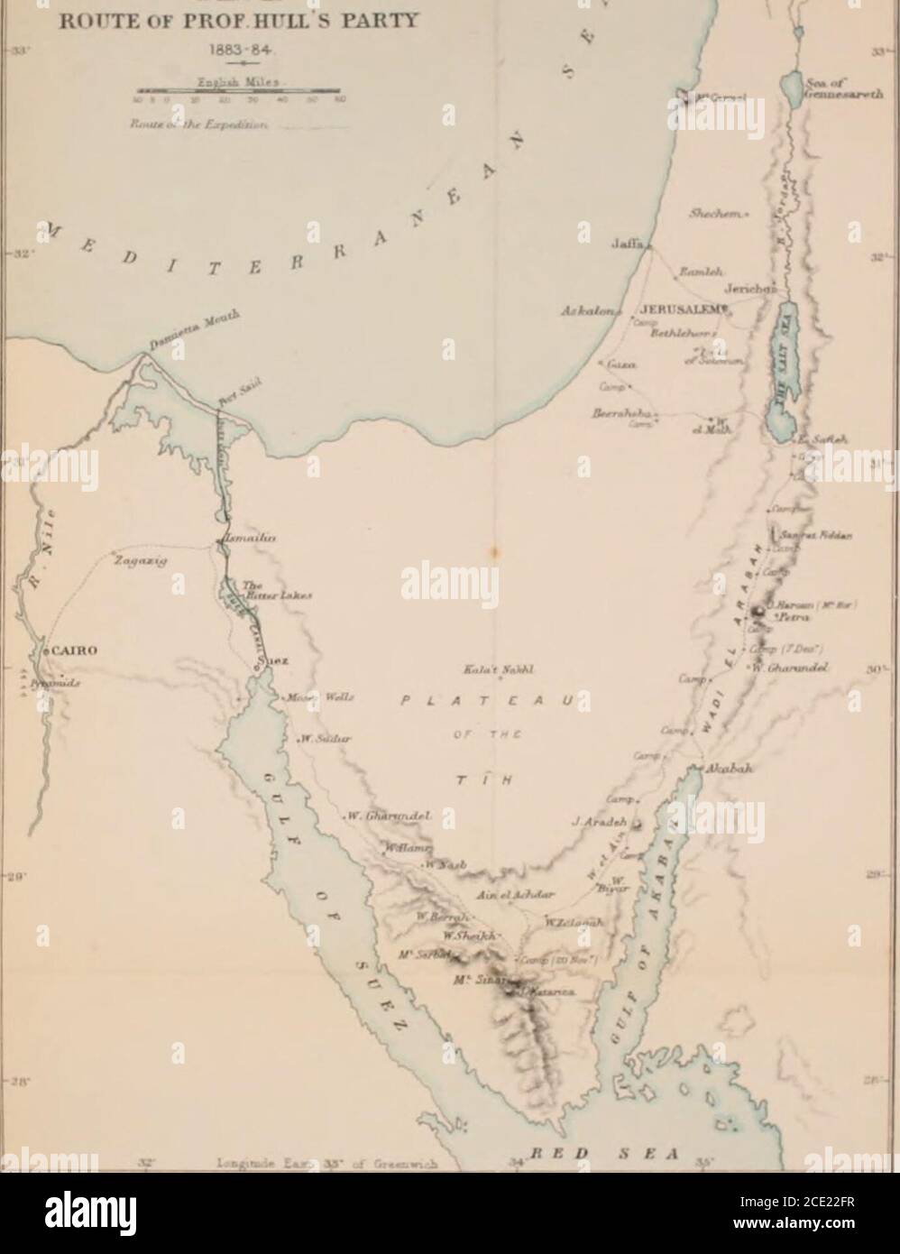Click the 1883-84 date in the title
[x=235, y=42]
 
